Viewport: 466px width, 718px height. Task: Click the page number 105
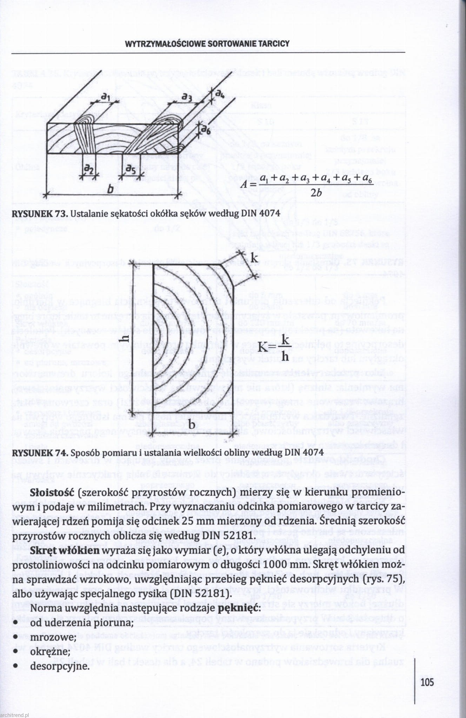[x=427, y=682]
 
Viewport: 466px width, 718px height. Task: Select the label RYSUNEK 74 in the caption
[x=39, y=453]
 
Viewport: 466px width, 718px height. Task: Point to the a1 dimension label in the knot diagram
[x=105, y=96]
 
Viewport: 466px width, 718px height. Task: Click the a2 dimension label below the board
[x=88, y=169]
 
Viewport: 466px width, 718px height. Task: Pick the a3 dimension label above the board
[x=187, y=96]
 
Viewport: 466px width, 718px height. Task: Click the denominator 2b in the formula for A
[x=317, y=193]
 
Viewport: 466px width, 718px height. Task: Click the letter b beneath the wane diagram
[x=192, y=425]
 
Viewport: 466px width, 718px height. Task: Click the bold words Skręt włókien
[x=65, y=551]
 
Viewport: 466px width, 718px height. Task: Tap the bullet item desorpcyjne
[x=60, y=666]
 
